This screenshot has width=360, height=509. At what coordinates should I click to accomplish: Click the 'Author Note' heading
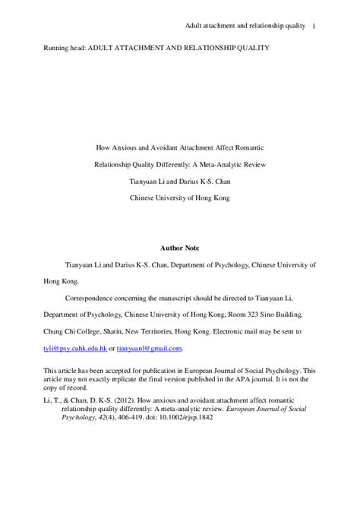click(x=179, y=247)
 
